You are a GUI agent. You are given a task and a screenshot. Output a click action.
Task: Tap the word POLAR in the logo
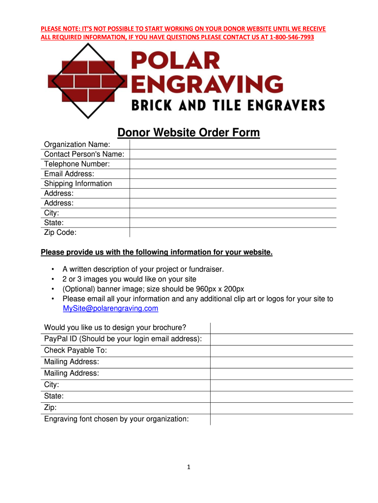coord(175,62)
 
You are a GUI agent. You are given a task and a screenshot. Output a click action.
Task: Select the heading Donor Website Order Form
coord(189,133)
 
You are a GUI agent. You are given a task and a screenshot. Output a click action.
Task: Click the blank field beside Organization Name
coord(233,144)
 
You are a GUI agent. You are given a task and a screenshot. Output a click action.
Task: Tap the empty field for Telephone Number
coord(233,164)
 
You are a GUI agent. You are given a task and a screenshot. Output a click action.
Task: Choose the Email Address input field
coord(233,173)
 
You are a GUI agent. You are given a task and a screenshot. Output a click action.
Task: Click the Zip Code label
coord(60,232)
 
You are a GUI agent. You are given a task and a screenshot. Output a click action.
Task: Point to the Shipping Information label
coord(78,183)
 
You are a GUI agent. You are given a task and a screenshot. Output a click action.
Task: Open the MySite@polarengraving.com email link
coord(110,308)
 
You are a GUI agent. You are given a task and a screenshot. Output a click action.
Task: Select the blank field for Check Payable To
coord(281,351)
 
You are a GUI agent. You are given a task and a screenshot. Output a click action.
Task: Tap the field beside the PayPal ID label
coord(281,339)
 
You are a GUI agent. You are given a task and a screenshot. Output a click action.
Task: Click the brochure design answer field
coord(281,328)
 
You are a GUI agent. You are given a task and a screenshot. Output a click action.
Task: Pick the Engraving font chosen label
coord(116,419)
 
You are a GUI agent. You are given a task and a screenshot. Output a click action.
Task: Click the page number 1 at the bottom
coord(189,467)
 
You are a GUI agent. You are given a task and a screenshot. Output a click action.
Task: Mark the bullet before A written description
coord(53,269)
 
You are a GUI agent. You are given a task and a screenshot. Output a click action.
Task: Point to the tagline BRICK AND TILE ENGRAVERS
coord(227,105)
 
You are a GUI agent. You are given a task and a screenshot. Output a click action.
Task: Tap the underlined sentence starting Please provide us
coord(156,252)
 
